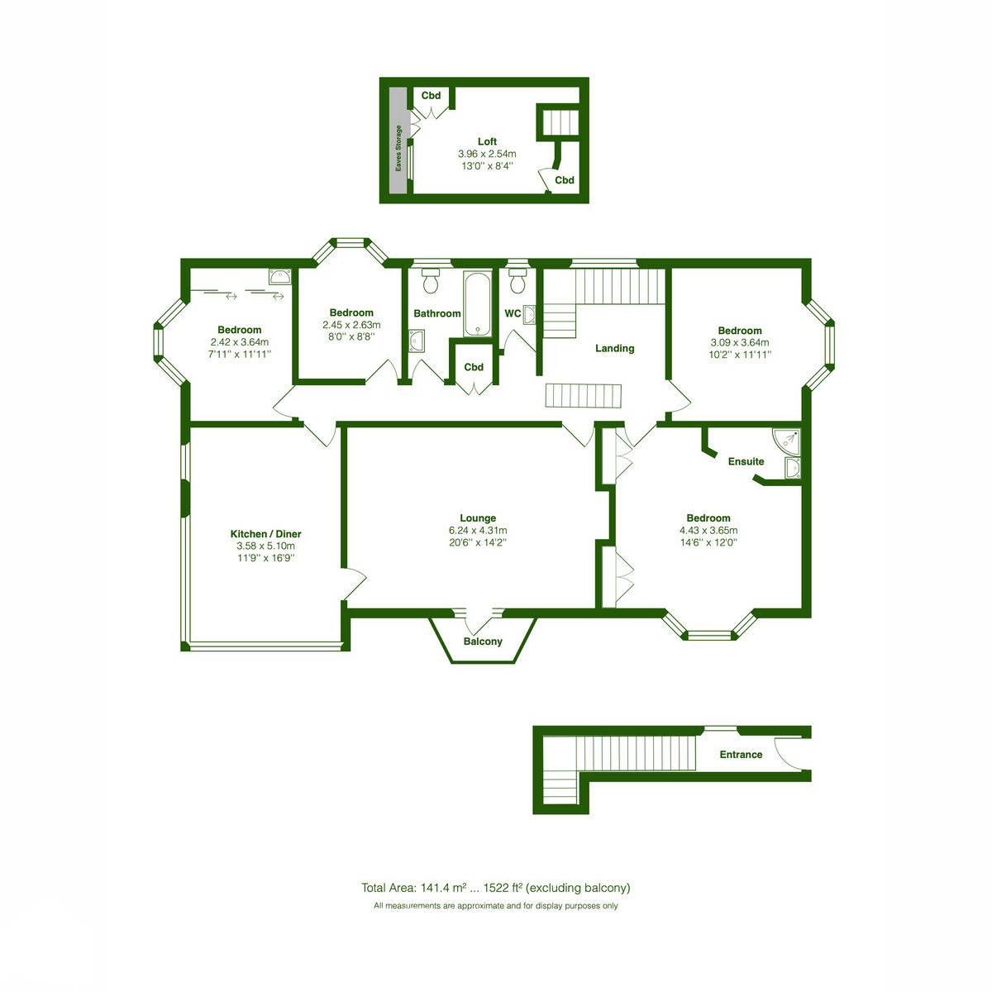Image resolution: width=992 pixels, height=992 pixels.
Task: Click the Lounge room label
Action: pos(478,517)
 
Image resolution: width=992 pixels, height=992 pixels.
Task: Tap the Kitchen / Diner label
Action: pos(265,534)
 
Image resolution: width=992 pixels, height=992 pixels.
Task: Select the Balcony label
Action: pos(483,641)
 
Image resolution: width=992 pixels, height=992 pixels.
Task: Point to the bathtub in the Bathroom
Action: pos(478,303)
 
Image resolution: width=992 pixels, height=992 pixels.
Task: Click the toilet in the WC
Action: pos(517,279)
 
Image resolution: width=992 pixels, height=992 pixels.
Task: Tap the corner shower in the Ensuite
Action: pos(787,442)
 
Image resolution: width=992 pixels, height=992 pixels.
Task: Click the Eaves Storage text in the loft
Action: pos(398,148)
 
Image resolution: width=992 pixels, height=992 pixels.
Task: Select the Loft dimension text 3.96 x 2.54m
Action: pos(487,154)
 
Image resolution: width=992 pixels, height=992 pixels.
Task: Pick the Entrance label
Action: pos(741,754)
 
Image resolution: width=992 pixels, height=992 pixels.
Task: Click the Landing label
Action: pos(615,348)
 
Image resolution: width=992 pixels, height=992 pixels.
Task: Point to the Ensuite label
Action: pos(746,461)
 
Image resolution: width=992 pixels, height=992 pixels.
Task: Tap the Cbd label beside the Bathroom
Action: pos(474,367)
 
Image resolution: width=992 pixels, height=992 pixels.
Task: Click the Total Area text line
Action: pos(496,888)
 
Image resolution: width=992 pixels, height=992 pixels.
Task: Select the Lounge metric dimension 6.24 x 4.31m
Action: pos(478,530)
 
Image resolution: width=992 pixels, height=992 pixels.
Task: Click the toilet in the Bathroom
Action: pos(430,279)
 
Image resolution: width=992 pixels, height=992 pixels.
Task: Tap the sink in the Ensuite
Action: pos(793,469)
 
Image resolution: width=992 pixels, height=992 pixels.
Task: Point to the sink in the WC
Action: pos(529,314)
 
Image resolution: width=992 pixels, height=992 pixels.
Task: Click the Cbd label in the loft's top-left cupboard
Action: pos(431,95)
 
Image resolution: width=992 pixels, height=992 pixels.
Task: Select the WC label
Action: pos(513,313)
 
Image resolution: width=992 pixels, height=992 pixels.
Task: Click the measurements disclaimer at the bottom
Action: pos(496,905)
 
